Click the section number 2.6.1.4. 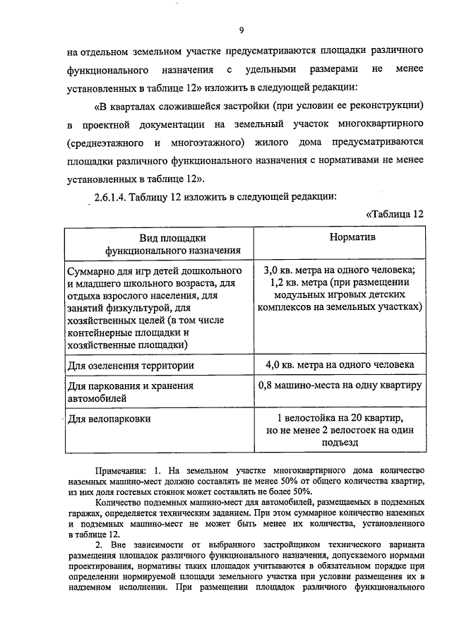pyautogui.click(x=109, y=196)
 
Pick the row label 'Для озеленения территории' pyautogui.click(x=131, y=366)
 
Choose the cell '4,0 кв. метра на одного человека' pyautogui.click(x=340, y=365)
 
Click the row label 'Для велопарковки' pyautogui.click(x=109, y=419)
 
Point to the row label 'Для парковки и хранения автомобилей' pyautogui.click(x=130, y=393)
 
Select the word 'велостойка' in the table pyautogui.click(x=312, y=417)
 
